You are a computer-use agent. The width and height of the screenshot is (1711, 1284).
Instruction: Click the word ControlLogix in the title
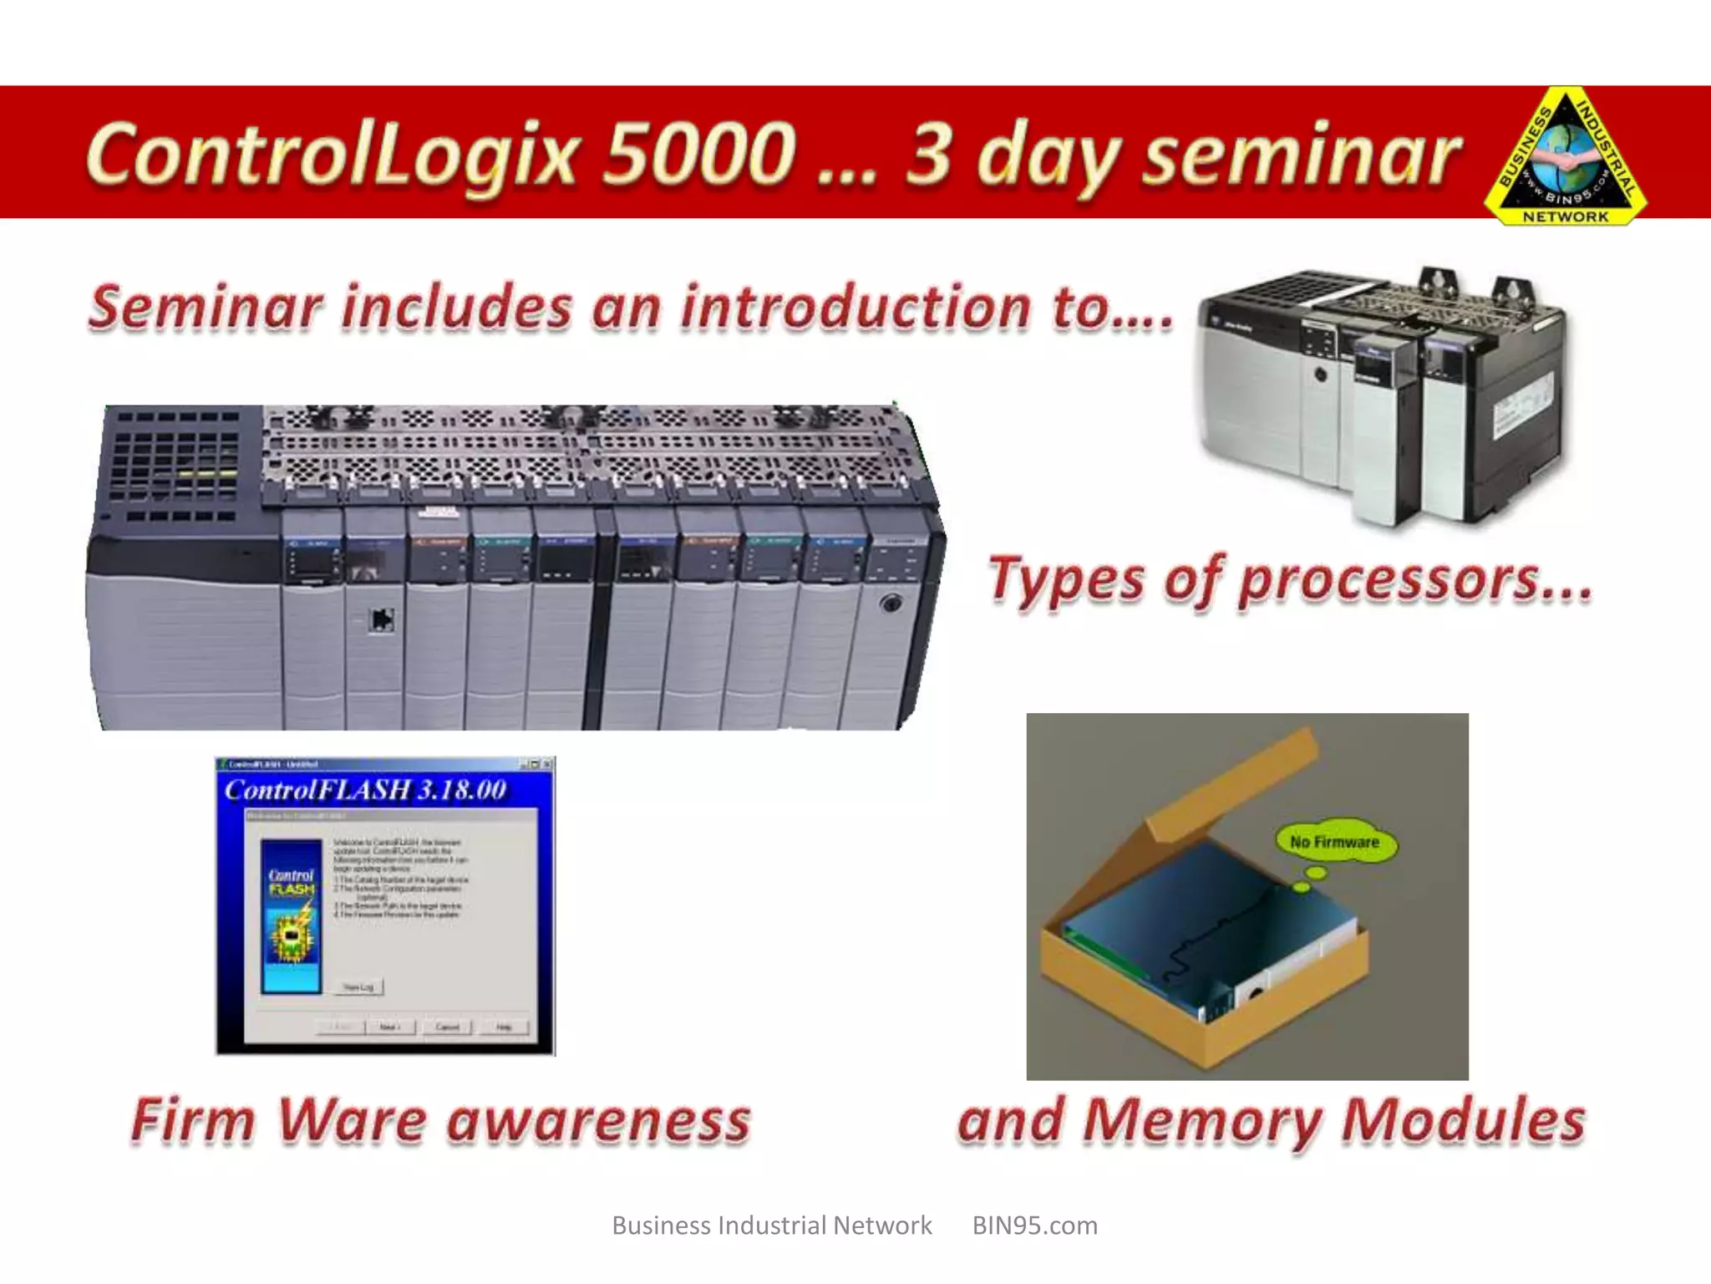(x=330, y=155)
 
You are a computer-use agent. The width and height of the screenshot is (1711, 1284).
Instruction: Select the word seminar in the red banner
(x=1301, y=155)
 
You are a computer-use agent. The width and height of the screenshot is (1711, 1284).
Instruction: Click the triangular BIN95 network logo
(x=1565, y=163)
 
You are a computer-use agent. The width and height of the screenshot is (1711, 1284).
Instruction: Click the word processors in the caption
(x=1414, y=579)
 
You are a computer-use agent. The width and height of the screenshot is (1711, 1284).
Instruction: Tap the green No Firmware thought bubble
(x=1334, y=842)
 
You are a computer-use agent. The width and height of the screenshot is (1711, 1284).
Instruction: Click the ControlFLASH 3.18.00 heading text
(x=365, y=790)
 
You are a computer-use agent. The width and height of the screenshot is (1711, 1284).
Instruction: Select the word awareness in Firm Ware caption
(x=598, y=1120)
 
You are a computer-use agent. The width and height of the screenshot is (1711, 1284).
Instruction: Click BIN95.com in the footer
(x=1034, y=1225)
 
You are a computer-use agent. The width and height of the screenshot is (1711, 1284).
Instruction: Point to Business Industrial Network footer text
(x=771, y=1225)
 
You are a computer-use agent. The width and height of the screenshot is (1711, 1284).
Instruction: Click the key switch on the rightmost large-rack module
(x=891, y=603)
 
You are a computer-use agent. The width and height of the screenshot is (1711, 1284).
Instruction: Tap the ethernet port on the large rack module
(x=382, y=619)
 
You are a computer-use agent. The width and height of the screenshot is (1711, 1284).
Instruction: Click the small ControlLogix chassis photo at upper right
(x=1383, y=393)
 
